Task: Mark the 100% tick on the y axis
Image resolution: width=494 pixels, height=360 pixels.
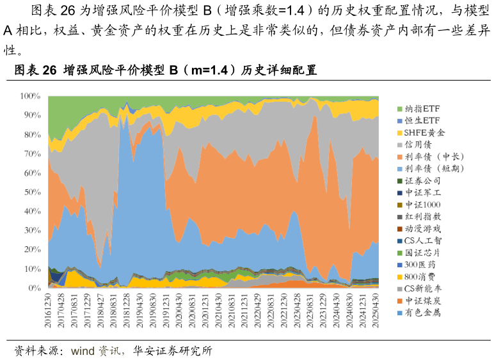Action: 30,96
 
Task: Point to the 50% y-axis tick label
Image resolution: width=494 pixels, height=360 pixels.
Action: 32,192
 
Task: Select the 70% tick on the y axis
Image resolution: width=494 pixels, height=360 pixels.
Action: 32,153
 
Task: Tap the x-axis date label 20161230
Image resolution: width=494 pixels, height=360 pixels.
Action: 49,311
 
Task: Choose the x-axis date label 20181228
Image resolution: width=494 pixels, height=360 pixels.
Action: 127,311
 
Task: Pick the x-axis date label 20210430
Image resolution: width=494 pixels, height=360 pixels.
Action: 219,311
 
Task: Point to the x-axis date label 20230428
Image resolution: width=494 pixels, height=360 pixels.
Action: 298,311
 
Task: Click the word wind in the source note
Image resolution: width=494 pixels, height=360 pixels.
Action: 83,351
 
